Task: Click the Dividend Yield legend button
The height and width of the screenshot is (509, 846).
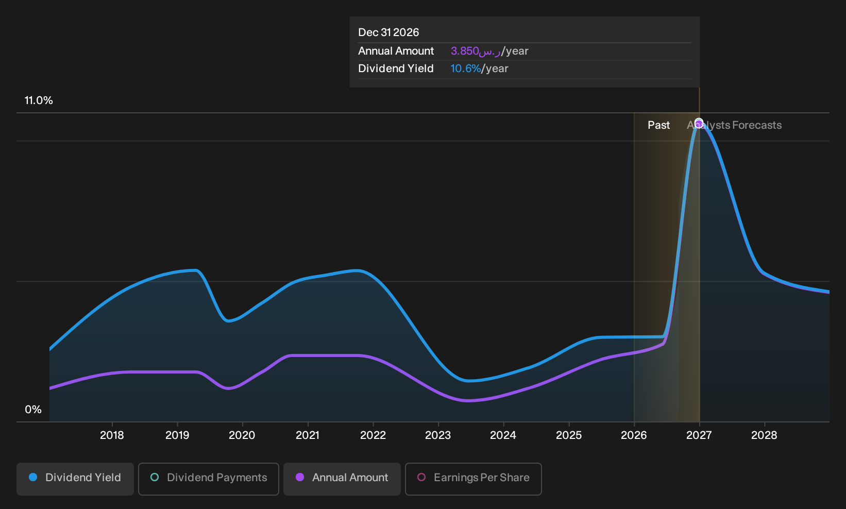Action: (75, 479)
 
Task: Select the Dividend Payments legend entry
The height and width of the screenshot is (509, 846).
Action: (209, 479)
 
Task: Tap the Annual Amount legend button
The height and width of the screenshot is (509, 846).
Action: (342, 479)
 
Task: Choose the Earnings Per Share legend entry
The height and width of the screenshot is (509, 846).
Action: (473, 479)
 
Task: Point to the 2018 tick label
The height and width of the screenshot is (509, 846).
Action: (112, 435)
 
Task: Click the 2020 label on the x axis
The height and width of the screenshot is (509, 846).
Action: (242, 435)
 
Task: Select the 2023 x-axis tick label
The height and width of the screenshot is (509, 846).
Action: (438, 435)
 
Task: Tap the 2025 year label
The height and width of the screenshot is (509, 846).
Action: (569, 435)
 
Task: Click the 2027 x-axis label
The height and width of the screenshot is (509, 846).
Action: (699, 435)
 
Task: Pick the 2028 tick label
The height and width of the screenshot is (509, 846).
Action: (764, 435)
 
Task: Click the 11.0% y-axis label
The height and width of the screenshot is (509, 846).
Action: (39, 100)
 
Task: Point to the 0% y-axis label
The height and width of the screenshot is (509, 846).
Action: (33, 410)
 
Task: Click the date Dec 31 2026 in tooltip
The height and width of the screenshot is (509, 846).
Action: (388, 32)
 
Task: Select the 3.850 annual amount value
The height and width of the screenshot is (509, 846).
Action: (465, 51)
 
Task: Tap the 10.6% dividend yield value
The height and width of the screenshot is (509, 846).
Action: (466, 69)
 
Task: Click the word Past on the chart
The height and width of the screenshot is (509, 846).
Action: (658, 125)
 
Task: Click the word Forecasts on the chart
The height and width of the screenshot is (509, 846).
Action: (757, 125)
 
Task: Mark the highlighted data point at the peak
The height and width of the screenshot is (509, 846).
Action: (699, 123)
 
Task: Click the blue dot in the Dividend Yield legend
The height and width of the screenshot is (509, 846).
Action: (33, 477)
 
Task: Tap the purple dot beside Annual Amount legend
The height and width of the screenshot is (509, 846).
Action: (300, 477)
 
